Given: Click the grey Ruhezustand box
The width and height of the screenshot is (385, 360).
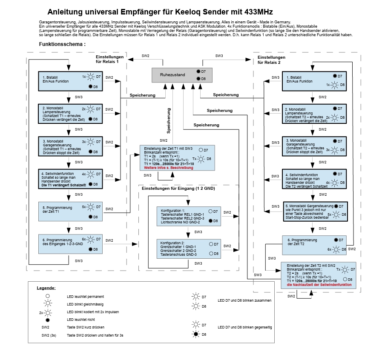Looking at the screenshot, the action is (x=182, y=75).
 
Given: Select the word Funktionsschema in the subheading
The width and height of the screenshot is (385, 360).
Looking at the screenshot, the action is (x=61, y=44).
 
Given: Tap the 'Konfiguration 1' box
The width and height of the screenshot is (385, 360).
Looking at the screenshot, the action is (x=189, y=216).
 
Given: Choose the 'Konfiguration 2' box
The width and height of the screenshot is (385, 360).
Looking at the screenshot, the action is (x=189, y=249).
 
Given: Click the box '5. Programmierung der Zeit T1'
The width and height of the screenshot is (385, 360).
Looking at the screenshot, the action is (x=70, y=211).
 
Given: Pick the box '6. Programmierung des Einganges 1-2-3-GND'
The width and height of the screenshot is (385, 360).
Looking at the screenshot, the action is (x=70, y=244).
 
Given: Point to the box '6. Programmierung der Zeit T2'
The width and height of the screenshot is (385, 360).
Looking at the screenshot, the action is (x=314, y=245).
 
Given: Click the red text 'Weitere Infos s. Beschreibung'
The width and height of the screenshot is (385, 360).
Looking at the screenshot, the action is (x=169, y=168).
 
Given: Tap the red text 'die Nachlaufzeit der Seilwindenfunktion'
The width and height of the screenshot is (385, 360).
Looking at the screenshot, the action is (x=319, y=285).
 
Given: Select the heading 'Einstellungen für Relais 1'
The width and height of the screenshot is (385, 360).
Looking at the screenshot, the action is (x=109, y=60).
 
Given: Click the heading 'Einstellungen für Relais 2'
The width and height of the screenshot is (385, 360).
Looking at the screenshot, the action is (x=271, y=60).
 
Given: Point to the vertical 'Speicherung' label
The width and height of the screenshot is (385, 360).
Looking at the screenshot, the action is (x=169, y=121).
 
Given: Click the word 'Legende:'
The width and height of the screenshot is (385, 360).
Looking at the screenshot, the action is (x=46, y=288).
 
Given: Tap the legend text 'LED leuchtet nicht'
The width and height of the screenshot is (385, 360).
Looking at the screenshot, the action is (x=81, y=320).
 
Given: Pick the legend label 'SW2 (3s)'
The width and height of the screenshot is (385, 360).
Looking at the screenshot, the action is (x=49, y=335).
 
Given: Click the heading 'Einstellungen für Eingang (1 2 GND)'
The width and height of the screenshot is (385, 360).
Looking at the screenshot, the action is (x=178, y=189).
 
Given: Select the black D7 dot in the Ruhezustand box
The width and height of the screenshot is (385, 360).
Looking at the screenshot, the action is (x=198, y=71).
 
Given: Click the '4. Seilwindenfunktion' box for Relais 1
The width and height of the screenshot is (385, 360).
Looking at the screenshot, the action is (x=70, y=179).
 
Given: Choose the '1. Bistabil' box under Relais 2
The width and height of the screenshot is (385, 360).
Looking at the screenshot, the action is (x=314, y=81).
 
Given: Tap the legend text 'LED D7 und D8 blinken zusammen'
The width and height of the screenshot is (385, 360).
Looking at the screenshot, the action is (x=244, y=300).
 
